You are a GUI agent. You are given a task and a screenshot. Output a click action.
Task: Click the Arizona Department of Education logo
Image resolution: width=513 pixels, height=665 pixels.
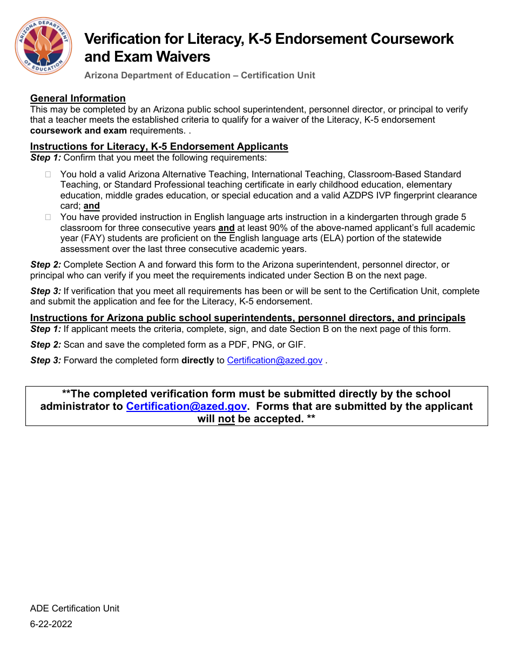[43, 46]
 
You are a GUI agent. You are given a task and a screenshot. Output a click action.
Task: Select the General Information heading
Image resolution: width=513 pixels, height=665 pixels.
[78, 98]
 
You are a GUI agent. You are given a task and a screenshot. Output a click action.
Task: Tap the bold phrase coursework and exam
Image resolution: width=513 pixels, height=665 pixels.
[78, 130]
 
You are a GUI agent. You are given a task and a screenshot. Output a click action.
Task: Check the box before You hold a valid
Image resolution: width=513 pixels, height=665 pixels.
[48, 175]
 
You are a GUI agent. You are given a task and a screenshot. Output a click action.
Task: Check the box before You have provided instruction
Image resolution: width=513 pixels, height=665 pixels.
[48, 217]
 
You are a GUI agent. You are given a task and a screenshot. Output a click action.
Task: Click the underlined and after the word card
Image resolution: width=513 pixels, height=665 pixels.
[92, 206]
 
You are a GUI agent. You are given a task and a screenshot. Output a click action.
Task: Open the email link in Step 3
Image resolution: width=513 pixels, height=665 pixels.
[274, 361]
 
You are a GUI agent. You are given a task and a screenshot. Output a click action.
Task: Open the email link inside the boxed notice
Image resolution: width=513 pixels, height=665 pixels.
[186, 407]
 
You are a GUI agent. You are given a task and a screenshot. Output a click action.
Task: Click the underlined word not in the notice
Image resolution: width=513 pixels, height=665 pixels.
[226, 419]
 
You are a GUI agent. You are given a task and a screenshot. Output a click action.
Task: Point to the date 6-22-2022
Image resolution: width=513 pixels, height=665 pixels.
[51, 624]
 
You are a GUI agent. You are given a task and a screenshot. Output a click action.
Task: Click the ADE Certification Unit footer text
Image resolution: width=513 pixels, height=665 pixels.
[75, 608]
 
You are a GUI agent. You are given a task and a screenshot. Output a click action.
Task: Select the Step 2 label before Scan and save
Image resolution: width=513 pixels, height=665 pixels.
[46, 344]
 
